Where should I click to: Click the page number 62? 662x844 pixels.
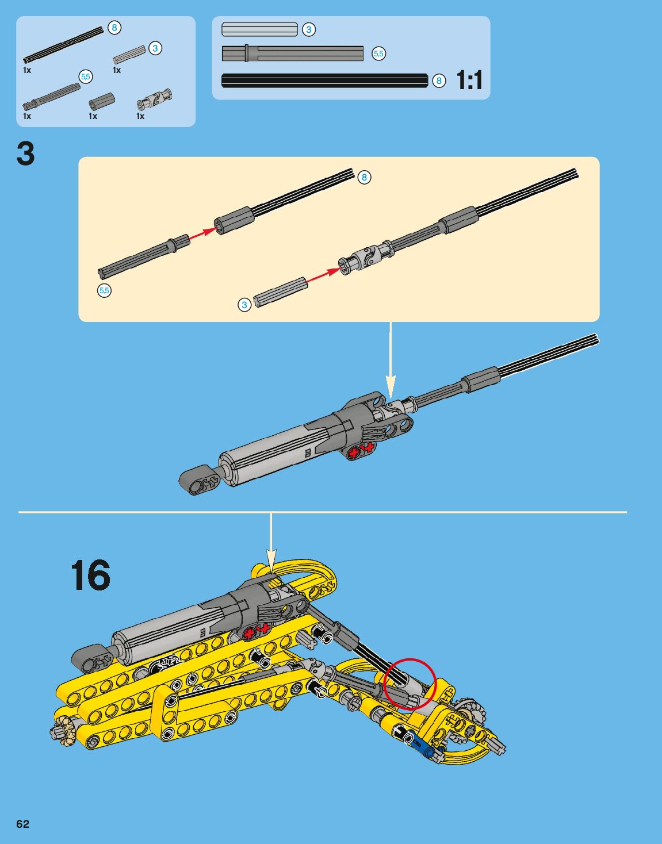point(22,824)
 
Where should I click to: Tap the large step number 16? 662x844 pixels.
point(90,575)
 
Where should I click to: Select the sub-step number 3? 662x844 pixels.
point(26,154)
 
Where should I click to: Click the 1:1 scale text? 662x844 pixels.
point(469,80)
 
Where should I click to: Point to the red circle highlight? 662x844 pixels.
point(410,684)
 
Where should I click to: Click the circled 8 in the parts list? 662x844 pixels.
point(114,28)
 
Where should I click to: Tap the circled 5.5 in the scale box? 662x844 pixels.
point(378,53)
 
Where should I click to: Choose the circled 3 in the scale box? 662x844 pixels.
point(309,29)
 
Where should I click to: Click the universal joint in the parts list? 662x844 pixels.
point(154,100)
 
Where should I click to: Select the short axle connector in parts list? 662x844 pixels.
point(102,102)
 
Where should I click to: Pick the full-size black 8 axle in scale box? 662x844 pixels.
point(324,80)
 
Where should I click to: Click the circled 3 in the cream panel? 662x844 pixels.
point(244,305)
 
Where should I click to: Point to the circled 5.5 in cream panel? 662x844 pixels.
point(104,290)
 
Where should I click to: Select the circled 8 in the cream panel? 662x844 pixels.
point(364,177)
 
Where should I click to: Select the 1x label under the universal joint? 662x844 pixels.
point(140,116)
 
